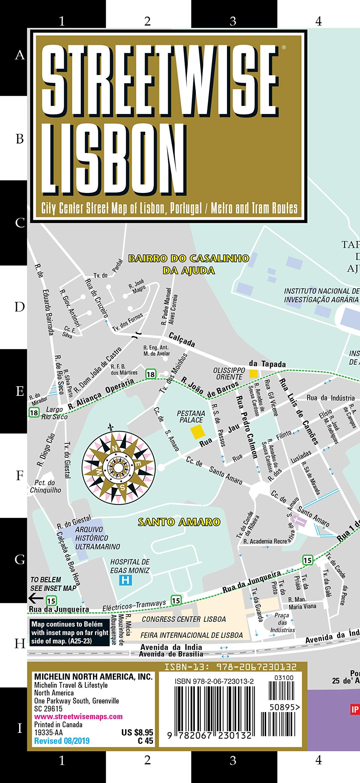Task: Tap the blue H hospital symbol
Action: pos(125,580)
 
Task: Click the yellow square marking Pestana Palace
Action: pos(198,432)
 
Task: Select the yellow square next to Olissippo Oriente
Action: pos(253,373)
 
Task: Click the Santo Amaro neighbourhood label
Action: pos(179,522)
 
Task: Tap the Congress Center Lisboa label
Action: pos(184,619)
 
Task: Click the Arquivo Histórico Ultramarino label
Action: pos(97,538)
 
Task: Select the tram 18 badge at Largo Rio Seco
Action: pos(34,413)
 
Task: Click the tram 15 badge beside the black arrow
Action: pos(51,601)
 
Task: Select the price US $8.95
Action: pos(137,732)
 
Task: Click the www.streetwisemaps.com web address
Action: pos(78,716)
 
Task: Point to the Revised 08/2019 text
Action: pos(62,741)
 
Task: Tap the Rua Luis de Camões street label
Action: pos(299,411)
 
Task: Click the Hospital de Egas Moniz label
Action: pos(130,566)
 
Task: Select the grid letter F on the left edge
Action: pos(20,476)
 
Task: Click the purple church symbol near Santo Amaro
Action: pos(299,520)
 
